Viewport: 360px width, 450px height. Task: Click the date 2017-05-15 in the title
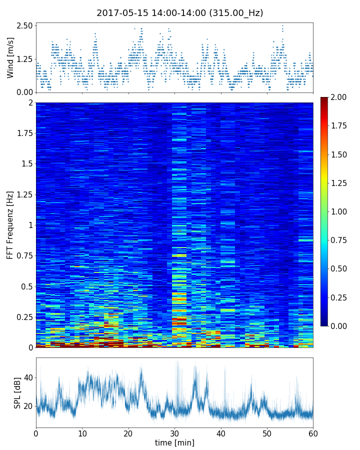click(119, 13)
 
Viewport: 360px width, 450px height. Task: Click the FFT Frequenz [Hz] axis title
click(10, 224)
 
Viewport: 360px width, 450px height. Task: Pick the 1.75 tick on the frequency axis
click(24, 133)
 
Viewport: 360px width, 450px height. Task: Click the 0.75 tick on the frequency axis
click(24, 255)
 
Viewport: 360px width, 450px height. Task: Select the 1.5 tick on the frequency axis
click(27, 164)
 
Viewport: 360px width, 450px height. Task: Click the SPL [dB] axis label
click(17, 392)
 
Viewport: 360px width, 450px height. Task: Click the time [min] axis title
click(174, 442)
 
